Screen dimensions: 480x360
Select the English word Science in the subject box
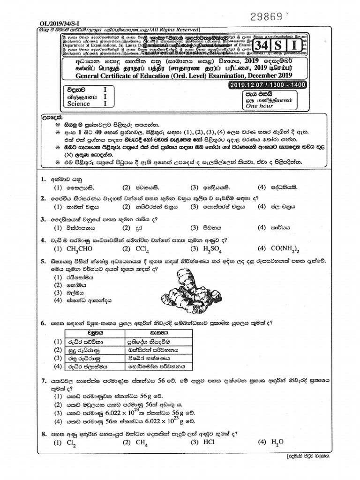(78, 104)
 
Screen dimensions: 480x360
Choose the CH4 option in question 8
(139, 442)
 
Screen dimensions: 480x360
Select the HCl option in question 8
(209, 442)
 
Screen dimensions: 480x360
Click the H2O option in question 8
(277, 442)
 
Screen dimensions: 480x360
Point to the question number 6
(43, 323)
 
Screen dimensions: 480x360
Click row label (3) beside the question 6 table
(58, 358)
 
